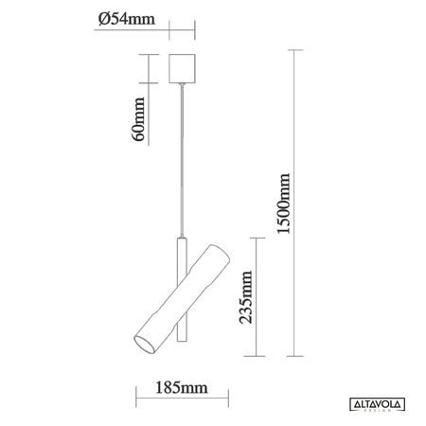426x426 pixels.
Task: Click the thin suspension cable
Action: click(x=181, y=161)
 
